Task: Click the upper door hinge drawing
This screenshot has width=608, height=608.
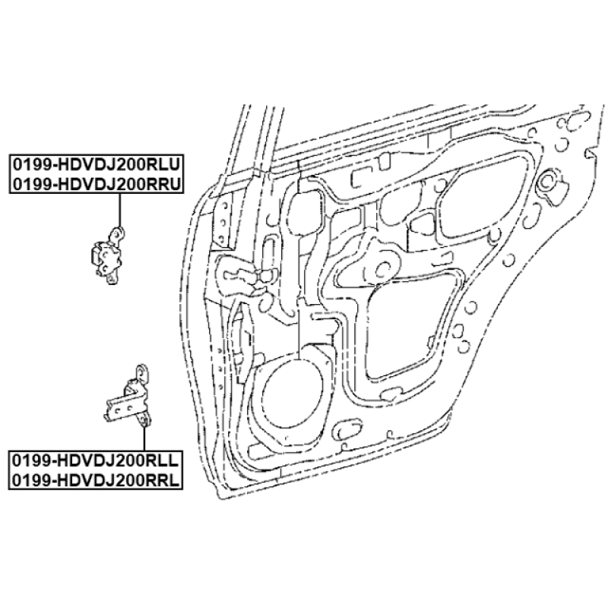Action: click(x=106, y=256)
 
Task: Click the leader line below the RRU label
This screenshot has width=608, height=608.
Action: click(x=120, y=209)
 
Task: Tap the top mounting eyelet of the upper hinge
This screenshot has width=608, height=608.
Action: click(x=116, y=231)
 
